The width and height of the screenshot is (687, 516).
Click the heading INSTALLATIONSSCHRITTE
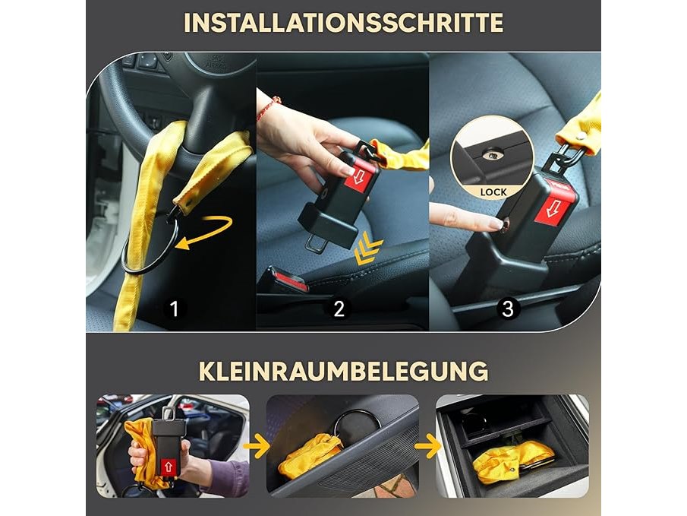[x=343, y=23]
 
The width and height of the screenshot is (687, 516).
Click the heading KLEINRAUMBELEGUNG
[x=343, y=371]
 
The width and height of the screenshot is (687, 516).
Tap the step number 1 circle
[x=175, y=309]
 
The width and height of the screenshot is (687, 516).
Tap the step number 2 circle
[x=339, y=309]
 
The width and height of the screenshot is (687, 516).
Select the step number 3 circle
[x=507, y=309]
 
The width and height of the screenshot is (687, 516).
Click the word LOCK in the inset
[x=493, y=192]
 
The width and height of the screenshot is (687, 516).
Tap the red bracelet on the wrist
[x=269, y=109]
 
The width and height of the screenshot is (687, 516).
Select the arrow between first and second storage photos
[x=257, y=447]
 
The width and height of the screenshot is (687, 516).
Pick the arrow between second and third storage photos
[x=427, y=447]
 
